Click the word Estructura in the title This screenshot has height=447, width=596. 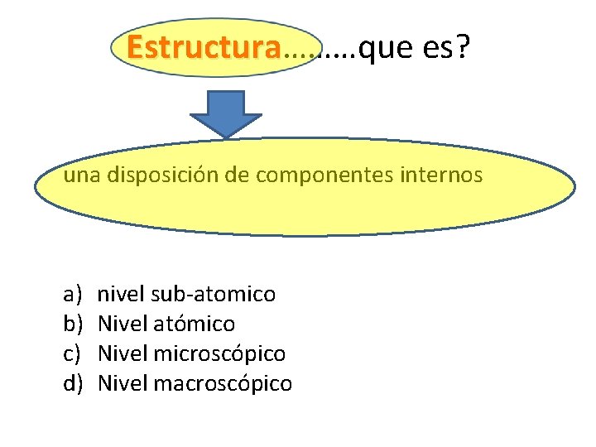pyautogui.click(x=204, y=49)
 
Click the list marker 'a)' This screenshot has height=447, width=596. pyautogui.click(x=72, y=294)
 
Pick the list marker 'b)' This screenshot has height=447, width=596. pyautogui.click(x=72, y=324)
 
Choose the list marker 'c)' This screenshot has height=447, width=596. pyautogui.click(x=72, y=353)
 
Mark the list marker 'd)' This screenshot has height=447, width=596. pyautogui.click(x=72, y=383)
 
